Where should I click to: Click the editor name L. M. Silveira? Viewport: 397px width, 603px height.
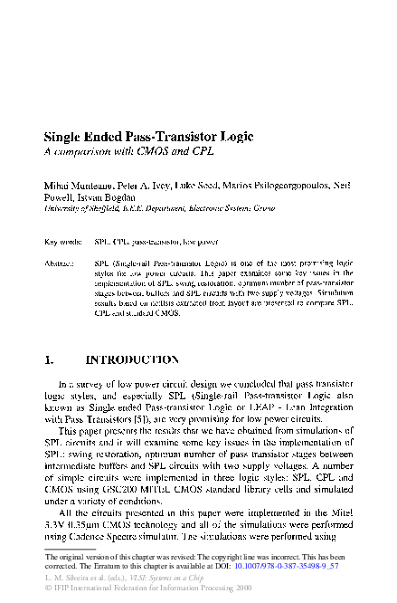(x=71, y=577)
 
